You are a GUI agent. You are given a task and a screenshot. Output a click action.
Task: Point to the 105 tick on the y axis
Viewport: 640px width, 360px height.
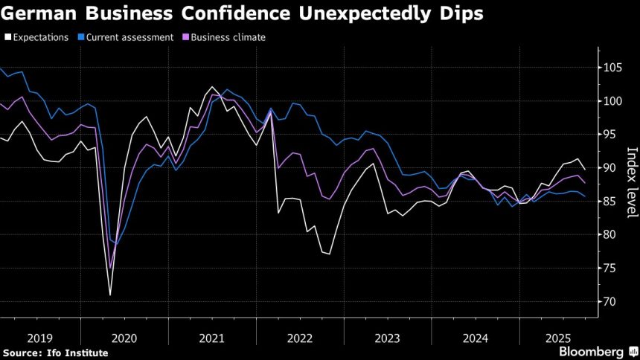(612, 68)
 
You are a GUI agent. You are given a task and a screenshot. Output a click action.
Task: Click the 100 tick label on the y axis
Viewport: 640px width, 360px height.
(612, 102)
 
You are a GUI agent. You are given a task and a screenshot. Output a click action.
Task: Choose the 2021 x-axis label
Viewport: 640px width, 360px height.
(212, 338)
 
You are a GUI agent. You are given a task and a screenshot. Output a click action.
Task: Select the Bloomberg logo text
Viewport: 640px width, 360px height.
(591, 350)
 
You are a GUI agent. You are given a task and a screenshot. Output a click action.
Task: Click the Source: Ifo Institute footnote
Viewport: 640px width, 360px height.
(56, 352)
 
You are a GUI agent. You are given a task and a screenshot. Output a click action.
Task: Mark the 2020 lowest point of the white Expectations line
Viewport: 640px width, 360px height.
(110, 295)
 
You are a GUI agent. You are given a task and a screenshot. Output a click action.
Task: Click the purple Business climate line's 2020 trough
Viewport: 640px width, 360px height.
(110, 269)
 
